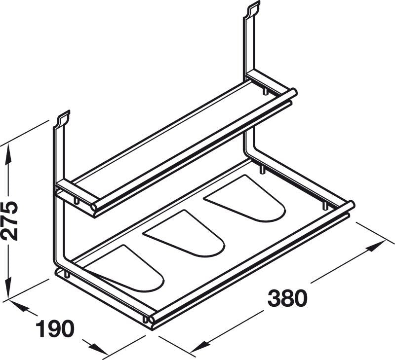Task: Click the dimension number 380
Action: click(x=287, y=298)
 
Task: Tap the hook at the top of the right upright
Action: click(x=252, y=8)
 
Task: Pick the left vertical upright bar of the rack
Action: click(x=56, y=197)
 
